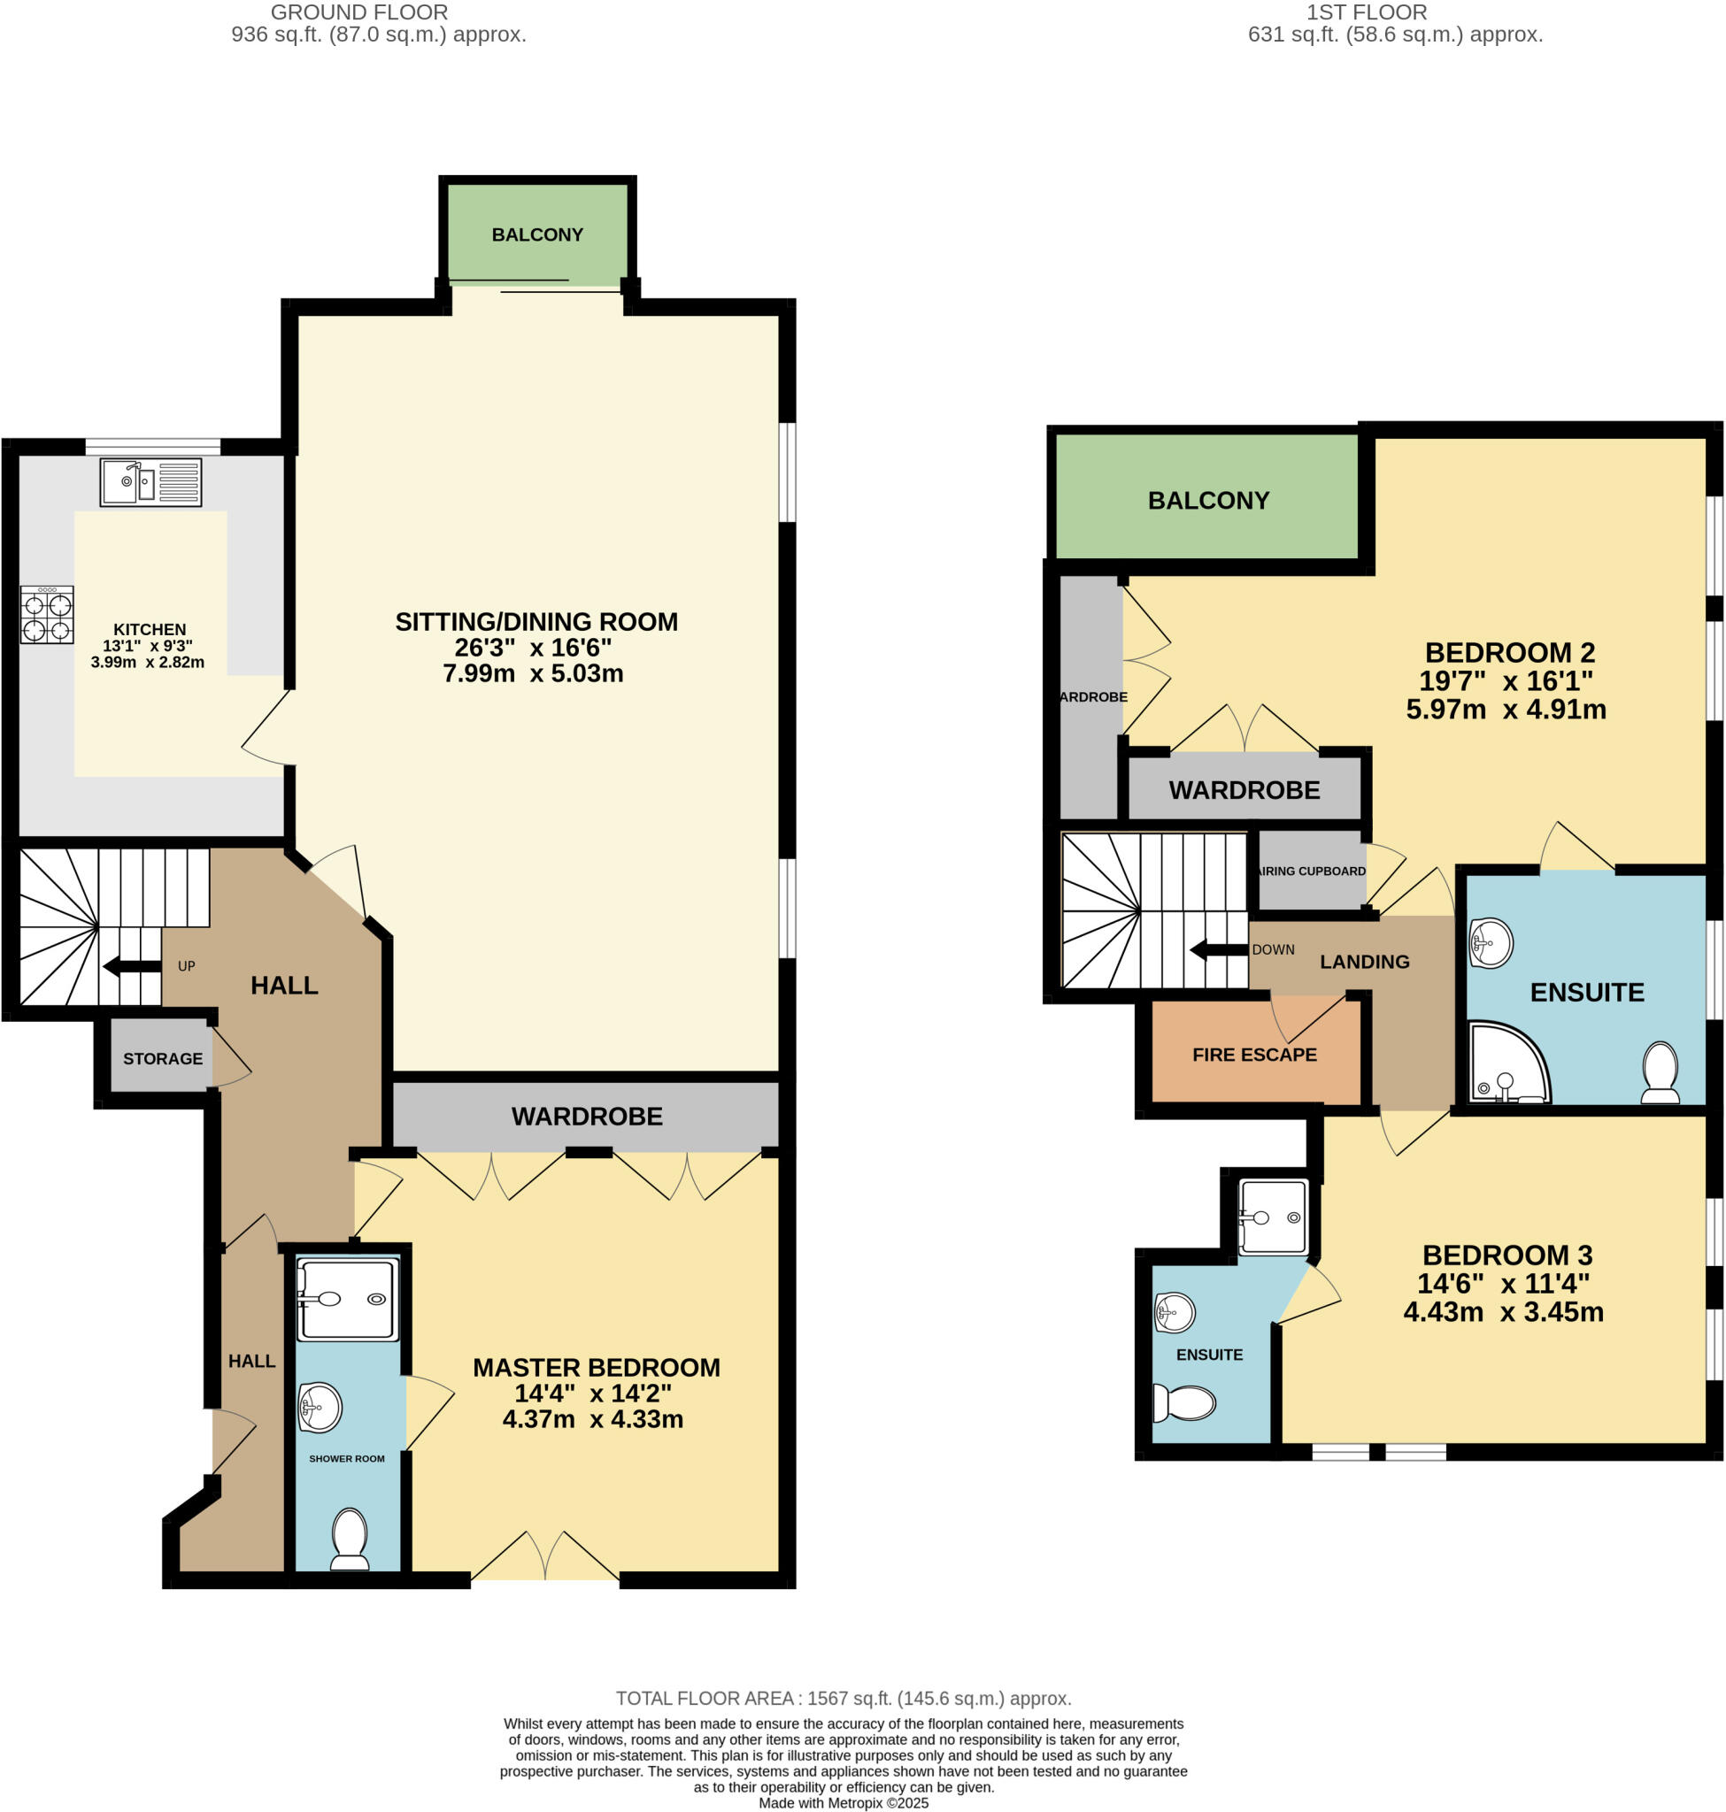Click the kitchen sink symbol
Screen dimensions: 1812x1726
[x=150, y=482]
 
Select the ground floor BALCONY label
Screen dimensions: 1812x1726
[x=537, y=234]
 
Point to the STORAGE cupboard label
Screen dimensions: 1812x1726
[x=163, y=1059]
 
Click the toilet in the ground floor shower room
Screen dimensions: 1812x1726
[x=349, y=1539]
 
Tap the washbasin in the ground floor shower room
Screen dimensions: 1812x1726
[x=320, y=1407]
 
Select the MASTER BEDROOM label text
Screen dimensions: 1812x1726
[x=597, y=1368]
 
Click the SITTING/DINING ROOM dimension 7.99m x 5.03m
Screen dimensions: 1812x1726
[x=533, y=673]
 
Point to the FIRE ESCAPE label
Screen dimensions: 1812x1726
[x=1254, y=1055]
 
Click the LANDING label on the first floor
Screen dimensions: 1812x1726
[x=1363, y=962]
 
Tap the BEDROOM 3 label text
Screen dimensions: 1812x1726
[x=1507, y=1255]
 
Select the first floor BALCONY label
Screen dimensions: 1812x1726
[x=1208, y=501]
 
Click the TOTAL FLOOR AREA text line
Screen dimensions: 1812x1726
[x=843, y=1698]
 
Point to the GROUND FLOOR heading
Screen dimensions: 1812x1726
[x=358, y=13]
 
